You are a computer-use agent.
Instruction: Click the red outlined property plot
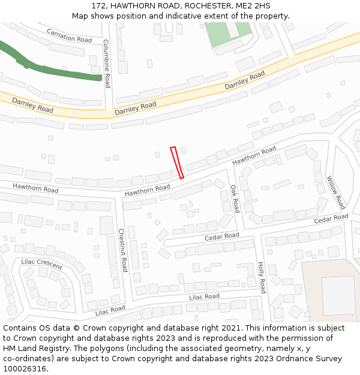coord(177,163)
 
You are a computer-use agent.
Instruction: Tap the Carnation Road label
coord(69,35)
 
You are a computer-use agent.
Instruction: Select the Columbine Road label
coord(106,64)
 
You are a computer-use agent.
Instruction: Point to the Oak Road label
coord(235,199)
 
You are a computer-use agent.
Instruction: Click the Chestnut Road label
coord(122,250)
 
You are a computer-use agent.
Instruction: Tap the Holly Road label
coord(261,277)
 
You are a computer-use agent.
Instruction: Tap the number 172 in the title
coord(99,5)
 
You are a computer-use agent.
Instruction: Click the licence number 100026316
coord(25,369)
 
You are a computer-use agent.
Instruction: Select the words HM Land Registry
coord(34,349)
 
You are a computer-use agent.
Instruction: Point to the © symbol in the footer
coord(92,328)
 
